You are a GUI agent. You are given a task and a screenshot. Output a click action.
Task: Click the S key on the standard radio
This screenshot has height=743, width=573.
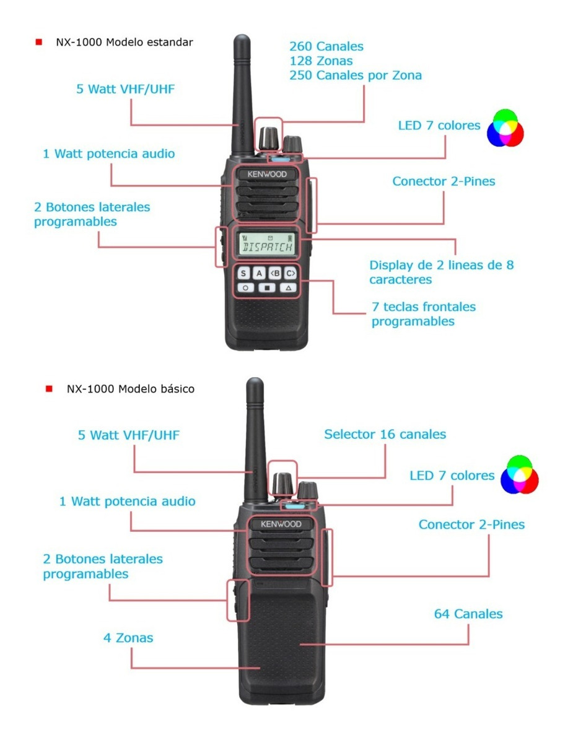click(x=243, y=273)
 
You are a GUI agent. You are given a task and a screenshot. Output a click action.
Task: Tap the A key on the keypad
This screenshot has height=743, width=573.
click(x=259, y=273)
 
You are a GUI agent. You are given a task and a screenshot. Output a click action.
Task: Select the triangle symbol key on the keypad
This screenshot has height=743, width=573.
click(x=287, y=288)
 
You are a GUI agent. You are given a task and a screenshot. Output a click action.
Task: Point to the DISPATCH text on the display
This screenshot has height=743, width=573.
click(x=267, y=248)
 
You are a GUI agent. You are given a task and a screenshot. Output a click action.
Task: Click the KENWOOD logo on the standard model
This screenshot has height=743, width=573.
click(x=267, y=174)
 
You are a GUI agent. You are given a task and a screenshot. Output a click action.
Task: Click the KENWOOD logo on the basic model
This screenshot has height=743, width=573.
click(x=281, y=524)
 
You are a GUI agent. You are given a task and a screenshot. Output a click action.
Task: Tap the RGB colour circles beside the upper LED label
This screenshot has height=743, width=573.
click(x=505, y=128)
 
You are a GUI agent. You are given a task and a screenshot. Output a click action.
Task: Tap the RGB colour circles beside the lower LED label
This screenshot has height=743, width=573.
click(x=520, y=475)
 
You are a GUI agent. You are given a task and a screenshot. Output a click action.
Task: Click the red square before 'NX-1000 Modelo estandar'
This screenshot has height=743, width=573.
click(x=39, y=42)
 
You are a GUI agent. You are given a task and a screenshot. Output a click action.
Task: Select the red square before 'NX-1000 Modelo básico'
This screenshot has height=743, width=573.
click(x=49, y=389)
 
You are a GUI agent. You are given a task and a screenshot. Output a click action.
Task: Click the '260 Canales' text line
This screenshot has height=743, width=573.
click(x=326, y=46)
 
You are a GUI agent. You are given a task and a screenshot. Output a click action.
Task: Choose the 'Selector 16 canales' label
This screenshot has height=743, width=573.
click(x=385, y=434)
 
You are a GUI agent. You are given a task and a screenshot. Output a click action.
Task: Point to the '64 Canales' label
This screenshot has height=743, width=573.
click(x=468, y=614)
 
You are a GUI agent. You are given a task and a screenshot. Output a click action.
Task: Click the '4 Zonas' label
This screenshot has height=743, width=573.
click(x=128, y=637)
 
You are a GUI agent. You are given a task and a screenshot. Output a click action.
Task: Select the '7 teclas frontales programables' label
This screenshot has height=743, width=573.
click(x=423, y=314)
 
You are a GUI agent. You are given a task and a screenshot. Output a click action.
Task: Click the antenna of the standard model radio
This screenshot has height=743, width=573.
click(x=241, y=93)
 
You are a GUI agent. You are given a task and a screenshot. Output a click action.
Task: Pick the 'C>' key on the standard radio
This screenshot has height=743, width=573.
click(x=290, y=273)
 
